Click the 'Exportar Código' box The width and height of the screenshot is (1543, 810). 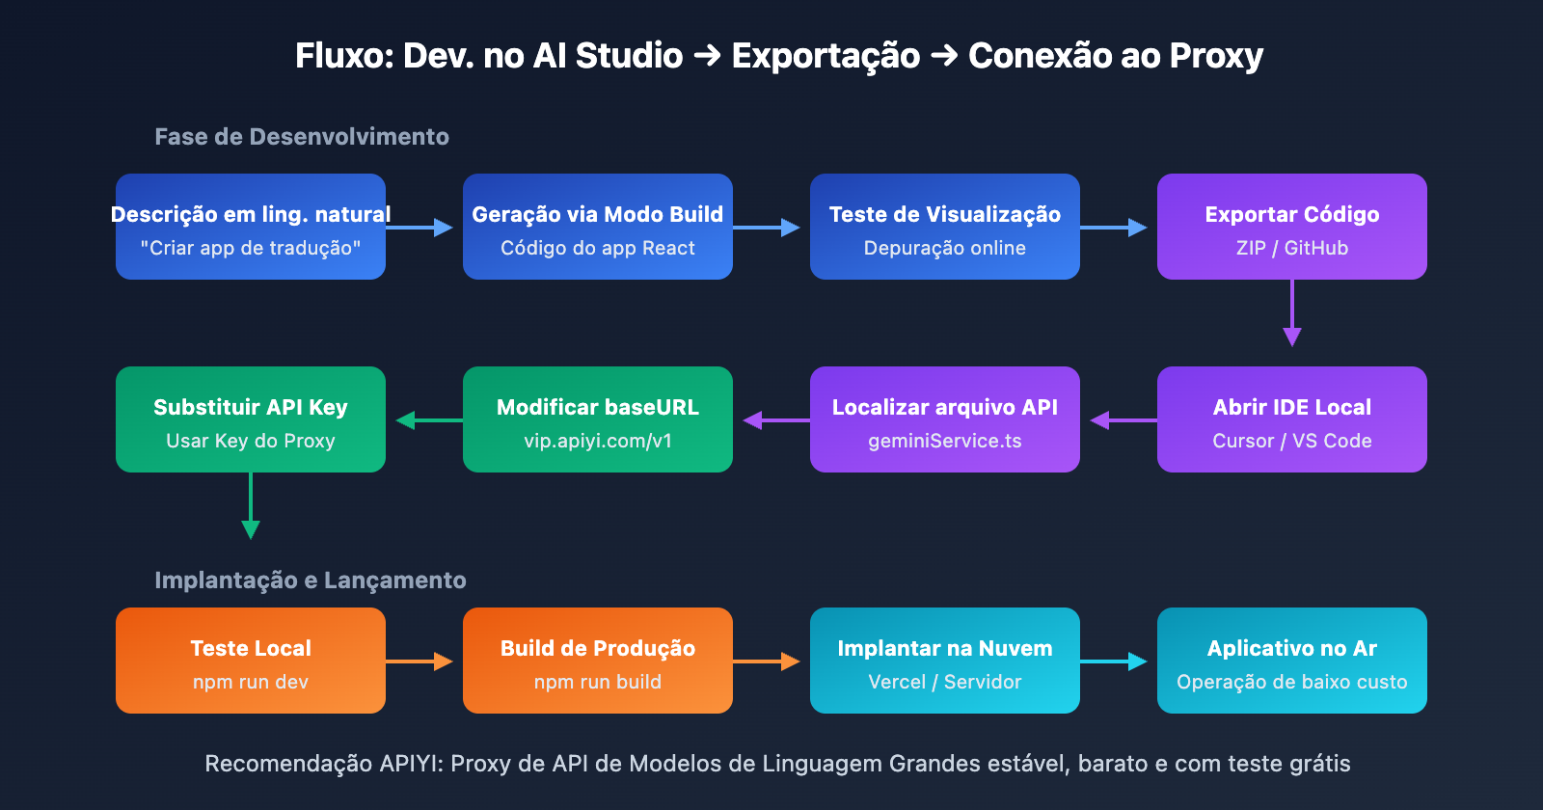coord(1291,227)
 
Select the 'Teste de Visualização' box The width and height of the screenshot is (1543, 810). coord(944,227)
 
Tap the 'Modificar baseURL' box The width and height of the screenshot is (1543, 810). coord(597,419)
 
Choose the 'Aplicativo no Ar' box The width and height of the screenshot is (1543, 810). coord(1291,661)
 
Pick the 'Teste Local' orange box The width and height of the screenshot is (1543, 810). coord(250,661)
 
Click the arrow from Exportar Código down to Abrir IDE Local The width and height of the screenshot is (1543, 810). coord(1291,312)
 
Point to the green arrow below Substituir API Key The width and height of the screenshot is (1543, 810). coord(251,505)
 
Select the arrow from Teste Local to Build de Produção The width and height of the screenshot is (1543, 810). coord(419,661)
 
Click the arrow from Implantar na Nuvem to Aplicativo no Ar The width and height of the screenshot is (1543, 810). coord(1113,661)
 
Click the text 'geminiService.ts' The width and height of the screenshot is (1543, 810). coord(944,441)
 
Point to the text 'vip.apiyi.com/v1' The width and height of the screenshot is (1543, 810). coord(597,441)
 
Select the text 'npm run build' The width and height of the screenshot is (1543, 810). coord(597,682)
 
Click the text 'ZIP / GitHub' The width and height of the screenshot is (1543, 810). coord(1291,248)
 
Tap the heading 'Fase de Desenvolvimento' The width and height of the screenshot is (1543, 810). coord(302,137)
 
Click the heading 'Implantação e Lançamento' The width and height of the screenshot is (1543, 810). coord(310,580)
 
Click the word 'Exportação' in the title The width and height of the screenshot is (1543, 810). coord(826,56)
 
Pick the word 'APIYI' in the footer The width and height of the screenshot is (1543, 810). coord(411,764)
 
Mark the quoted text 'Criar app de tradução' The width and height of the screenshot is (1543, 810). coord(250,248)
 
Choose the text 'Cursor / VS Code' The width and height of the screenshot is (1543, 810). coord(1291,441)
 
